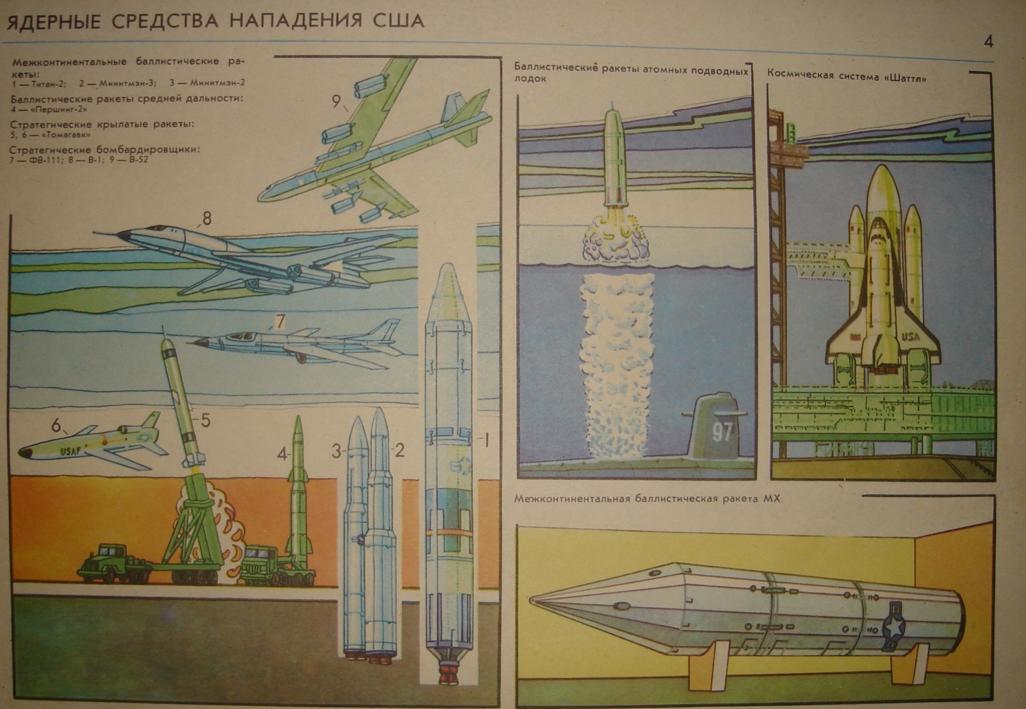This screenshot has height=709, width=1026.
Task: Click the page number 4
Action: coord(988,42)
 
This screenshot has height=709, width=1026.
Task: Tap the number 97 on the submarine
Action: coord(722,432)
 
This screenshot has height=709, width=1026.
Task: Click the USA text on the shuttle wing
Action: coord(910,336)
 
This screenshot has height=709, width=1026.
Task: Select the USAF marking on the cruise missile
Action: coord(70,452)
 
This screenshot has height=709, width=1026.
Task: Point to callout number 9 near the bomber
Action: coord(336,101)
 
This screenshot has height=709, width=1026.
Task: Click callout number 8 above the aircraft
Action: coord(207,218)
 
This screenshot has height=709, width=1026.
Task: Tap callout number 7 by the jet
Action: coord(280,321)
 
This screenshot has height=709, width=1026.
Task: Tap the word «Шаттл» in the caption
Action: coord(905,78)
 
